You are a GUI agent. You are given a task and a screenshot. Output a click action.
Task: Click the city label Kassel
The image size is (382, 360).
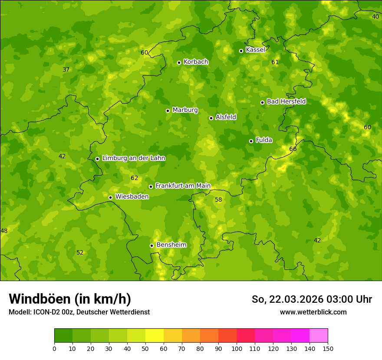click(x=255, y=50)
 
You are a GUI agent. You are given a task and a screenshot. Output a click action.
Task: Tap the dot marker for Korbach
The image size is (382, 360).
click(x=179, y=62)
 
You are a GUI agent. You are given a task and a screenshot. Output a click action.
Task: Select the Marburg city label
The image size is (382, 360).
click(x=185, y=110)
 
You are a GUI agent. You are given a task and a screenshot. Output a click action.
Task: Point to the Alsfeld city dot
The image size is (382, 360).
click(x=211, y=118)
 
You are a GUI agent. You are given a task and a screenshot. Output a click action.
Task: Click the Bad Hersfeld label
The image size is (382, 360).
click(x=286, y=101)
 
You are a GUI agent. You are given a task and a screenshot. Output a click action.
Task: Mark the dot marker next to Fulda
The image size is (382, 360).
click(x=251, y=141)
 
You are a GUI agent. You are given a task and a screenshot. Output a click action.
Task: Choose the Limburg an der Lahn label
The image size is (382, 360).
click(x=133, y=158)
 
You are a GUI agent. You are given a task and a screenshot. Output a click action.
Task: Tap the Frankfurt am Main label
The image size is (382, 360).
click(x=183, y=186)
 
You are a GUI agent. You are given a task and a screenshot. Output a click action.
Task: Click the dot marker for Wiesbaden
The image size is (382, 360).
click(x=110, y=197)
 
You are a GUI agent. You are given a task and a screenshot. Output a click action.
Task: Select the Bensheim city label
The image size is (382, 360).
click(x=171, y=245)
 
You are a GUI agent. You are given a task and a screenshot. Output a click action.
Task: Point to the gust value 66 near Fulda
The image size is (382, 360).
click(x=293, y=149)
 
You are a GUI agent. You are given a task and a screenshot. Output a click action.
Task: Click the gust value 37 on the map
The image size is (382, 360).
click(x=66, y=70)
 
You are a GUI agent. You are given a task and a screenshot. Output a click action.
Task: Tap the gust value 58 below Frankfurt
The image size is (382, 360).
click(x=218, y=200)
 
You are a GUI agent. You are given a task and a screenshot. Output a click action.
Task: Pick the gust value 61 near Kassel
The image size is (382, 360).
click(x=275, y=62)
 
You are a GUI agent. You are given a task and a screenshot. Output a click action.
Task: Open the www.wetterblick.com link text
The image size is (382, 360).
click(x=313, y=312)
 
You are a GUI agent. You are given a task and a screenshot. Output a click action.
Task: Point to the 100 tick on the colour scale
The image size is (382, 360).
click(x=237, y=348)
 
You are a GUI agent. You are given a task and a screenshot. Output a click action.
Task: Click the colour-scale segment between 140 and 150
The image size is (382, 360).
click(x=319, y=336)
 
